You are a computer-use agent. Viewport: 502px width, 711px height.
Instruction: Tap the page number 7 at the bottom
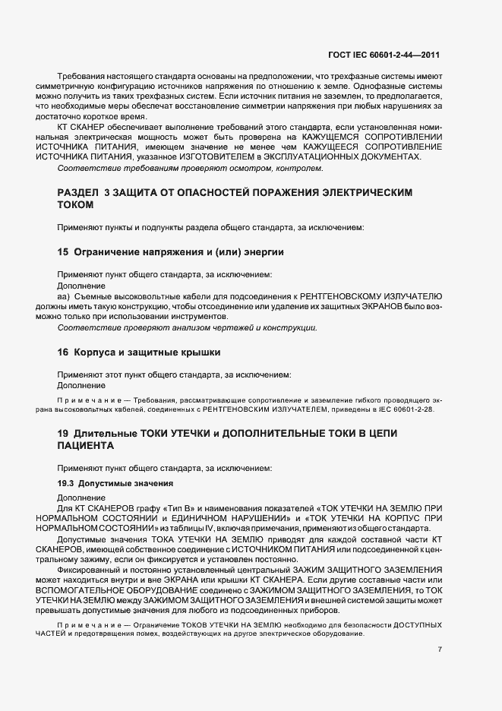tap(440, 649)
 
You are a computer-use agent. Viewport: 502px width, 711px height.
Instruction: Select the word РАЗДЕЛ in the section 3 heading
tap(78, 193)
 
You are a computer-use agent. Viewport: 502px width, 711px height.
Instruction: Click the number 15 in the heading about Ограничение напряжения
tap(64, 251)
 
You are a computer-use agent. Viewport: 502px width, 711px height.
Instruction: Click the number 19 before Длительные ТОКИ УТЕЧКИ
tap(64, 432)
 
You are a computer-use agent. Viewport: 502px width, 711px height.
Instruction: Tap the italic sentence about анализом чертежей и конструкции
tap(187, 327)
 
